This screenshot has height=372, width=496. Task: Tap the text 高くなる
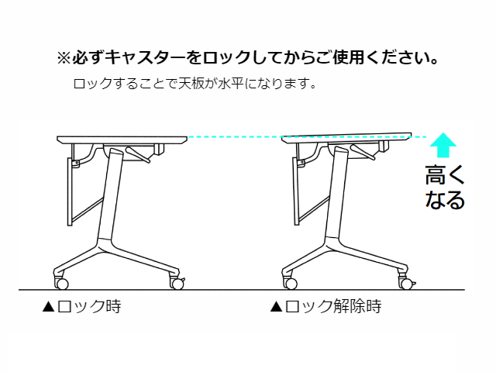tap(445, 188)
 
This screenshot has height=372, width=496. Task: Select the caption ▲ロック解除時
tap(325, 307)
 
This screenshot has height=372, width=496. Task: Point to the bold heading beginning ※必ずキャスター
tap(249, 58)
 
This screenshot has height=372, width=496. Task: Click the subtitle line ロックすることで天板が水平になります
tap(194, 83)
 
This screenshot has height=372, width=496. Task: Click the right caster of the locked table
tap(177, 284)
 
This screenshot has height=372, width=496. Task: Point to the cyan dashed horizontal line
tap(232, 137)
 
